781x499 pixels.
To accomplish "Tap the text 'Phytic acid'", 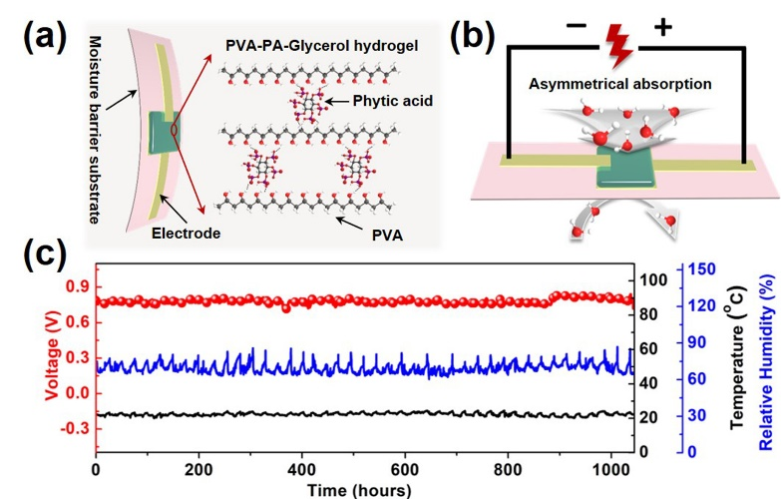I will coord(394,101).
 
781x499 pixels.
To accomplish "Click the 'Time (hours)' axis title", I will coord(362,489).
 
